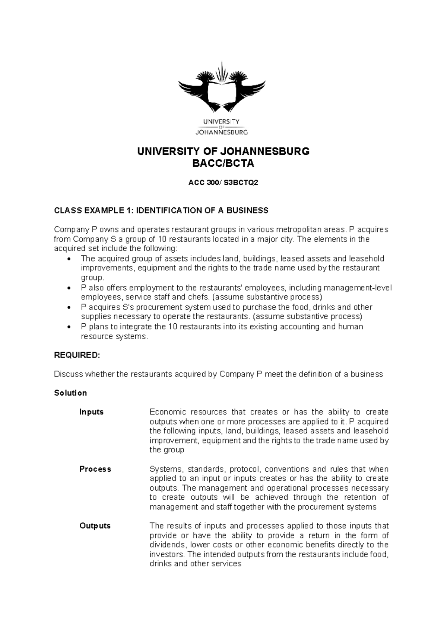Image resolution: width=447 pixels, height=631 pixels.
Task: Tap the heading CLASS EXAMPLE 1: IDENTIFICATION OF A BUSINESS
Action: (161, 211)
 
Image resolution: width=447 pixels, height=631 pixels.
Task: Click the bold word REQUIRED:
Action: (77, 355)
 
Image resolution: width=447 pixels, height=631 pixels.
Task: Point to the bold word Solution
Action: (70, 393)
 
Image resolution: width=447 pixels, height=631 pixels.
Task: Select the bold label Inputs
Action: (91, 412)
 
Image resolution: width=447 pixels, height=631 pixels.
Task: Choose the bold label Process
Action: (95, 469)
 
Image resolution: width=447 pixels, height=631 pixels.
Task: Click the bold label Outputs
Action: (95, 526)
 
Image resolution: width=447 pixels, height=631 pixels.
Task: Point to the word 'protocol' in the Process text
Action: (245, 469)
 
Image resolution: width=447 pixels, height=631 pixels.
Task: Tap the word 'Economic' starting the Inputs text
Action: (167, 412)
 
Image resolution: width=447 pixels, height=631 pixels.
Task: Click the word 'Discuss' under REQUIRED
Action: (68, 374)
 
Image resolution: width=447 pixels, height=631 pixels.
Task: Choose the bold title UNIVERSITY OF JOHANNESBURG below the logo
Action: (223, 152)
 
